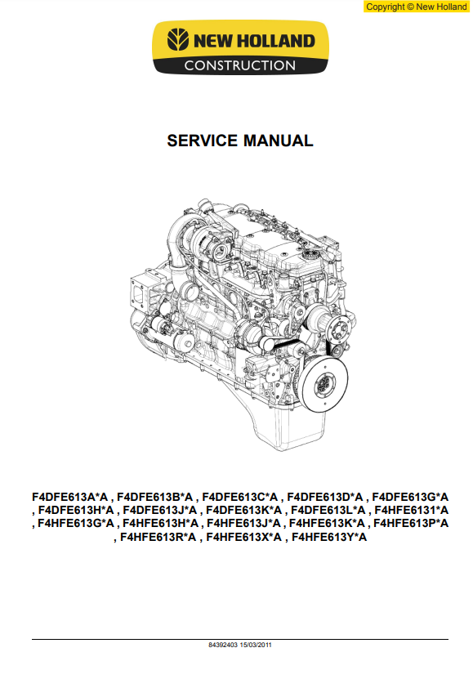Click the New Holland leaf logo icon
pyautogui.click(x=178, y=40)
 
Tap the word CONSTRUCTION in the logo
pyautogui.click(x=240, y=66)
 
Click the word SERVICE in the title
pyautogui.click(x=202, y=141)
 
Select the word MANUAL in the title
pyautogui.click(x=278, y=141)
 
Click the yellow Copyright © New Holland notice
pyautogui.click(x=417, y=7)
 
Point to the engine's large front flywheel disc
pyautogui.click(x=324, y=383)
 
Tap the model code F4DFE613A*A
pyautogui.click(x=69, y=497)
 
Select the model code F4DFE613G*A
pyautogui.click(x=410, y=497)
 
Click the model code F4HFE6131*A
pyautogui.click(x=412, y=510)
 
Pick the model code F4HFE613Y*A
pyautogui.click(x=329, y=538)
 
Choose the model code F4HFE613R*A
pyautogui.click(x=158, y=538)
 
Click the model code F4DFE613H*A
pyautogui.click(x=76, y=510)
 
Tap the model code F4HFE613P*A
pyautogui.click(x=411, y=524)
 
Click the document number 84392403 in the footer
pyautogui.click(x=223, y=645)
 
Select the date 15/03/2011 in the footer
pyautogui.click(x=256, y=645)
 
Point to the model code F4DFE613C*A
pyautogui.click(x=240, y=497)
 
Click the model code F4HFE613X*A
pyautogui.click(x=243, y=538)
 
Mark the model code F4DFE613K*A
pyautogui.click(x=243, y=510)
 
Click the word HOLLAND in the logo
pyautogui.click(x=276, y=41)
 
